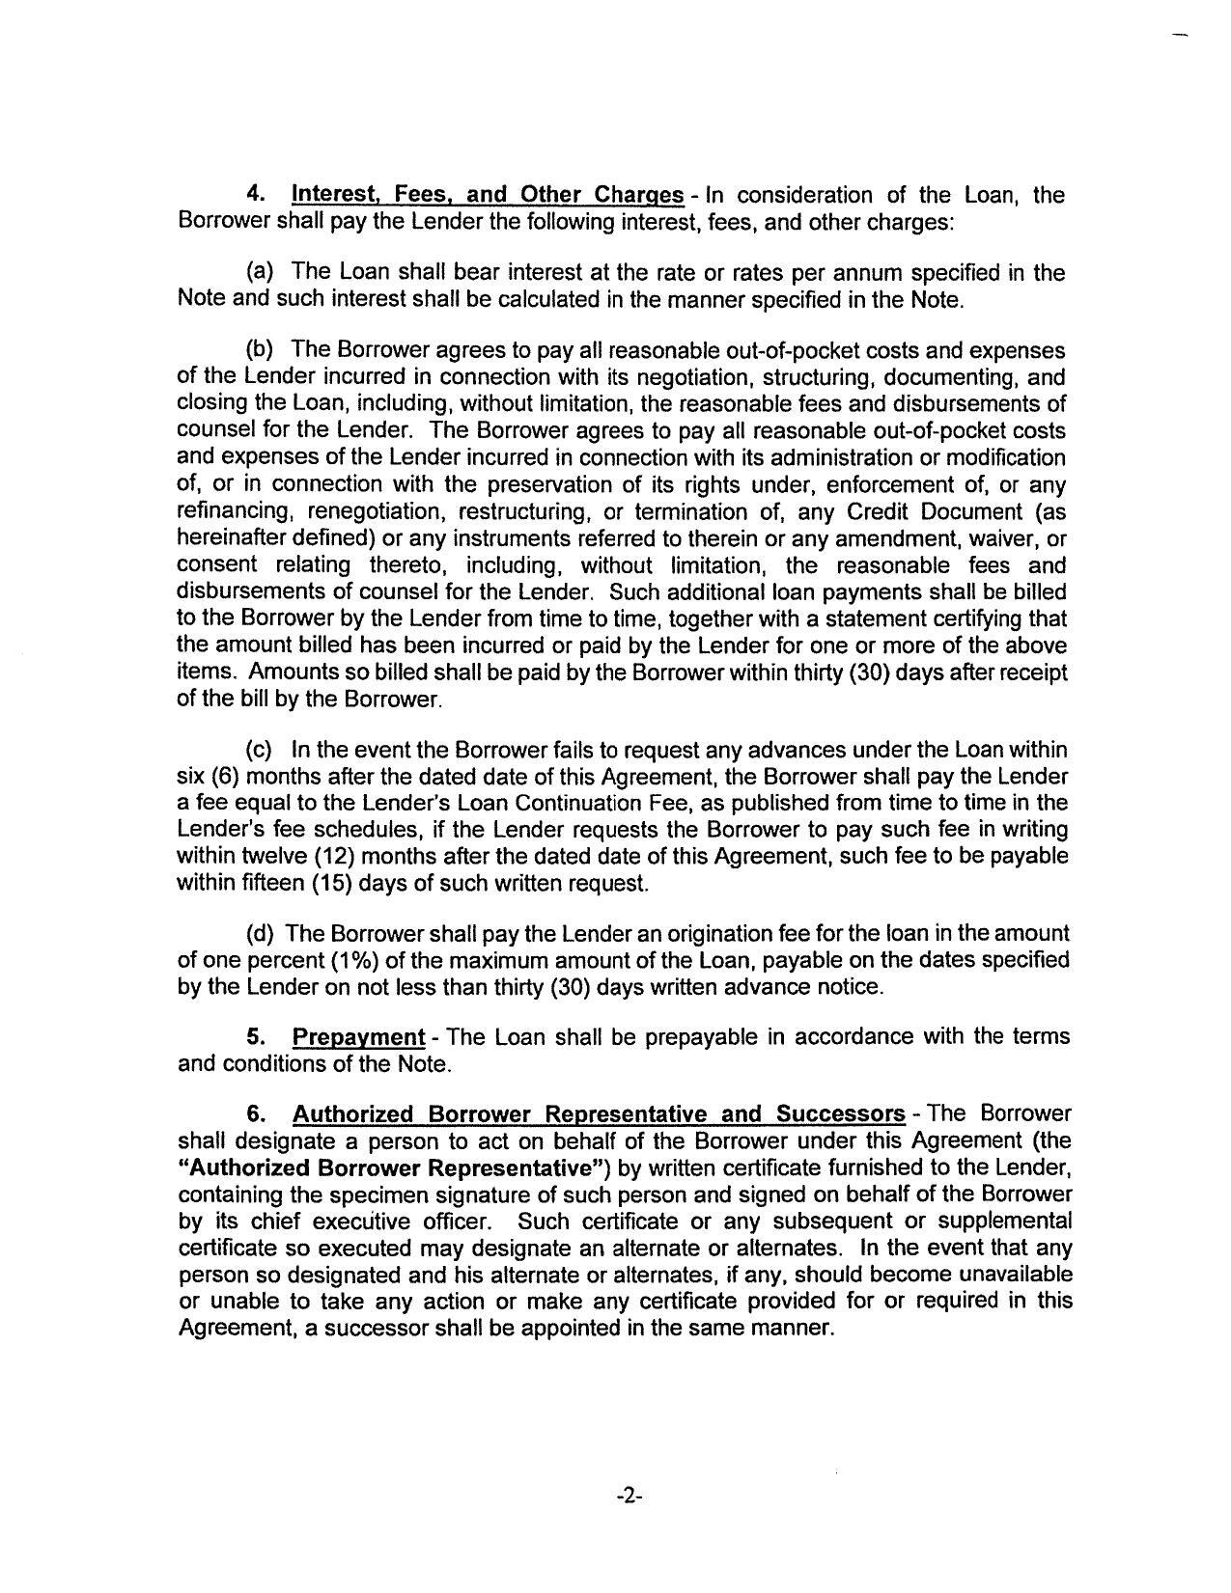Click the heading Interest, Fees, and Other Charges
(488, 195)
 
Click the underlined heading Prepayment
(358, 1037)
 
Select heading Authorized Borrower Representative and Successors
(599, 1114)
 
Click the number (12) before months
(338, 856)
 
